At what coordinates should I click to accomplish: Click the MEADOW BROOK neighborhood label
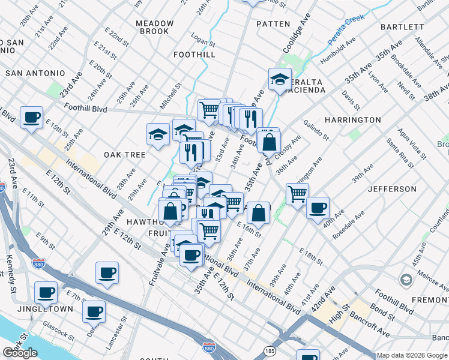point(155,27)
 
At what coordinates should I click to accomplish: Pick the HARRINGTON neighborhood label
point(352,120)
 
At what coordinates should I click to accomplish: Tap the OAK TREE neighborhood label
point(125,155)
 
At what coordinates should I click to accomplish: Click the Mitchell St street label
point(170,96)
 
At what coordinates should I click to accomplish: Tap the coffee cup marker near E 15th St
point(31,117)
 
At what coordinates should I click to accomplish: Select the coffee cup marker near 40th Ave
point(318,208)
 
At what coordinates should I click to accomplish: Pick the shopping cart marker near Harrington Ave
point(297,194)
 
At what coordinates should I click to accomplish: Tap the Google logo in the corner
point(20,353)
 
